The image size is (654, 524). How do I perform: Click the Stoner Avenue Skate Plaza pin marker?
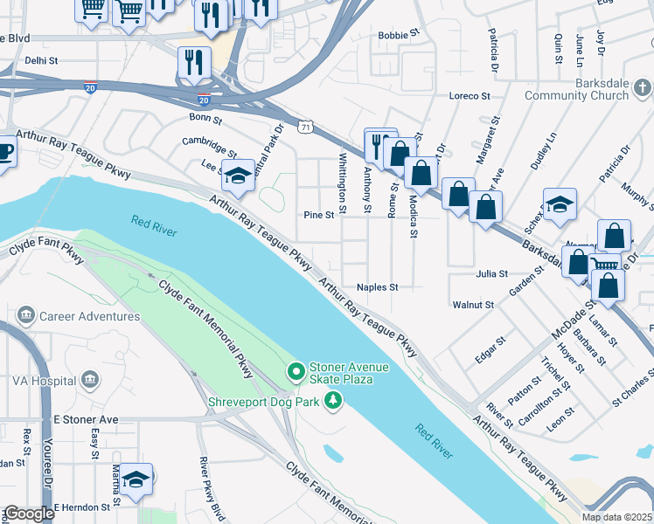click(296, 373)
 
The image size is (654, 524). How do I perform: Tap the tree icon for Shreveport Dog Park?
click(332, 401)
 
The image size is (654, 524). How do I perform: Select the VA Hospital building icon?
click(88, 380)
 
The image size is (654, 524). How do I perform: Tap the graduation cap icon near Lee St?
click(238, 175)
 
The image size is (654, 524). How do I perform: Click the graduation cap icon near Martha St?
click(136, 479)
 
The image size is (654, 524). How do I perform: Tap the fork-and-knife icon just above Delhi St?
click(193, 61)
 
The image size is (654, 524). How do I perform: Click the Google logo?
click(29, 514)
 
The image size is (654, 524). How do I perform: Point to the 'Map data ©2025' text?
click(616, 517)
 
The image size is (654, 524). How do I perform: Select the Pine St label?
click(319, 215)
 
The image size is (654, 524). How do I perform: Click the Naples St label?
click(377, 286)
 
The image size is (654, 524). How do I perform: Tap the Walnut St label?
click(473, 305)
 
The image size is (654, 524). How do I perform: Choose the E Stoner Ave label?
click(86, 420)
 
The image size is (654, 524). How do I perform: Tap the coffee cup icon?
click(4, 151)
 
